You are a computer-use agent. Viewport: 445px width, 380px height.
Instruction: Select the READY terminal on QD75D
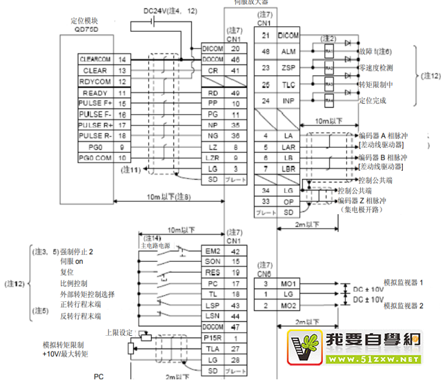pyautogui.click(x=95, y=93)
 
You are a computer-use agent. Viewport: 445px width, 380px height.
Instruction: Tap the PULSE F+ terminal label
pyautogui.click(x=95, y=104)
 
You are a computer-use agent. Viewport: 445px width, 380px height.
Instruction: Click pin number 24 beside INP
pyautogui.click(x=266, y=101)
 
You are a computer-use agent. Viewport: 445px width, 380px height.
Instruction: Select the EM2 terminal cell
pyautogui.click(x=212, y=251)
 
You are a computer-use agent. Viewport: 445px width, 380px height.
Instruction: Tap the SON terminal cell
pyautogui.click(x=212, y=262)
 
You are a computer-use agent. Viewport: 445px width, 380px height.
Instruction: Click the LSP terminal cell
pyautogui.click(x=212, y=305)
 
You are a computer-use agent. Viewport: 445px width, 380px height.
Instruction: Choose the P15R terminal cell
pyautogui.click(x=212, y=337)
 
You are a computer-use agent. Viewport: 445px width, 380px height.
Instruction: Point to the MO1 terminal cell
pyautogui.click(x=288, y=284)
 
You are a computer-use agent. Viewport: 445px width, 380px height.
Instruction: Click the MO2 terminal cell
pyautogui.click(x=288, y=305)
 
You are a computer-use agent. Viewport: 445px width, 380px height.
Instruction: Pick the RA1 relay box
pyautogui.click(x=329, y=52)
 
